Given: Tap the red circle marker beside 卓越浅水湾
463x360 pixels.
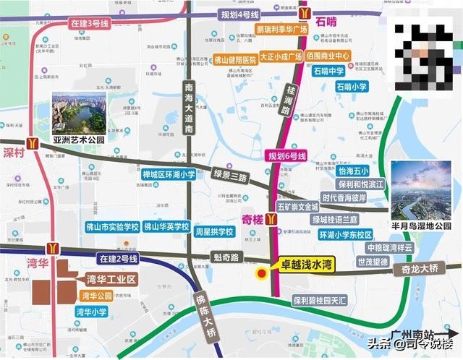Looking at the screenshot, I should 261,273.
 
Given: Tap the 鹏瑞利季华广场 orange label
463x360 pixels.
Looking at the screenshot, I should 261,31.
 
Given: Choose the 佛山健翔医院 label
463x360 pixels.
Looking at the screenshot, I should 235,60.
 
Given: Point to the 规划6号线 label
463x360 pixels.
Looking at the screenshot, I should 288,155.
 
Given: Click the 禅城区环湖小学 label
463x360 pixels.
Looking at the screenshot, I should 169,174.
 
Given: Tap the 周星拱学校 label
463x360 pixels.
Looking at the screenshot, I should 213,232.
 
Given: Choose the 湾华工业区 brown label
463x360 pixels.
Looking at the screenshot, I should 111,279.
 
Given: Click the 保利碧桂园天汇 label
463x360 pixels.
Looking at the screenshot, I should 319,299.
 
